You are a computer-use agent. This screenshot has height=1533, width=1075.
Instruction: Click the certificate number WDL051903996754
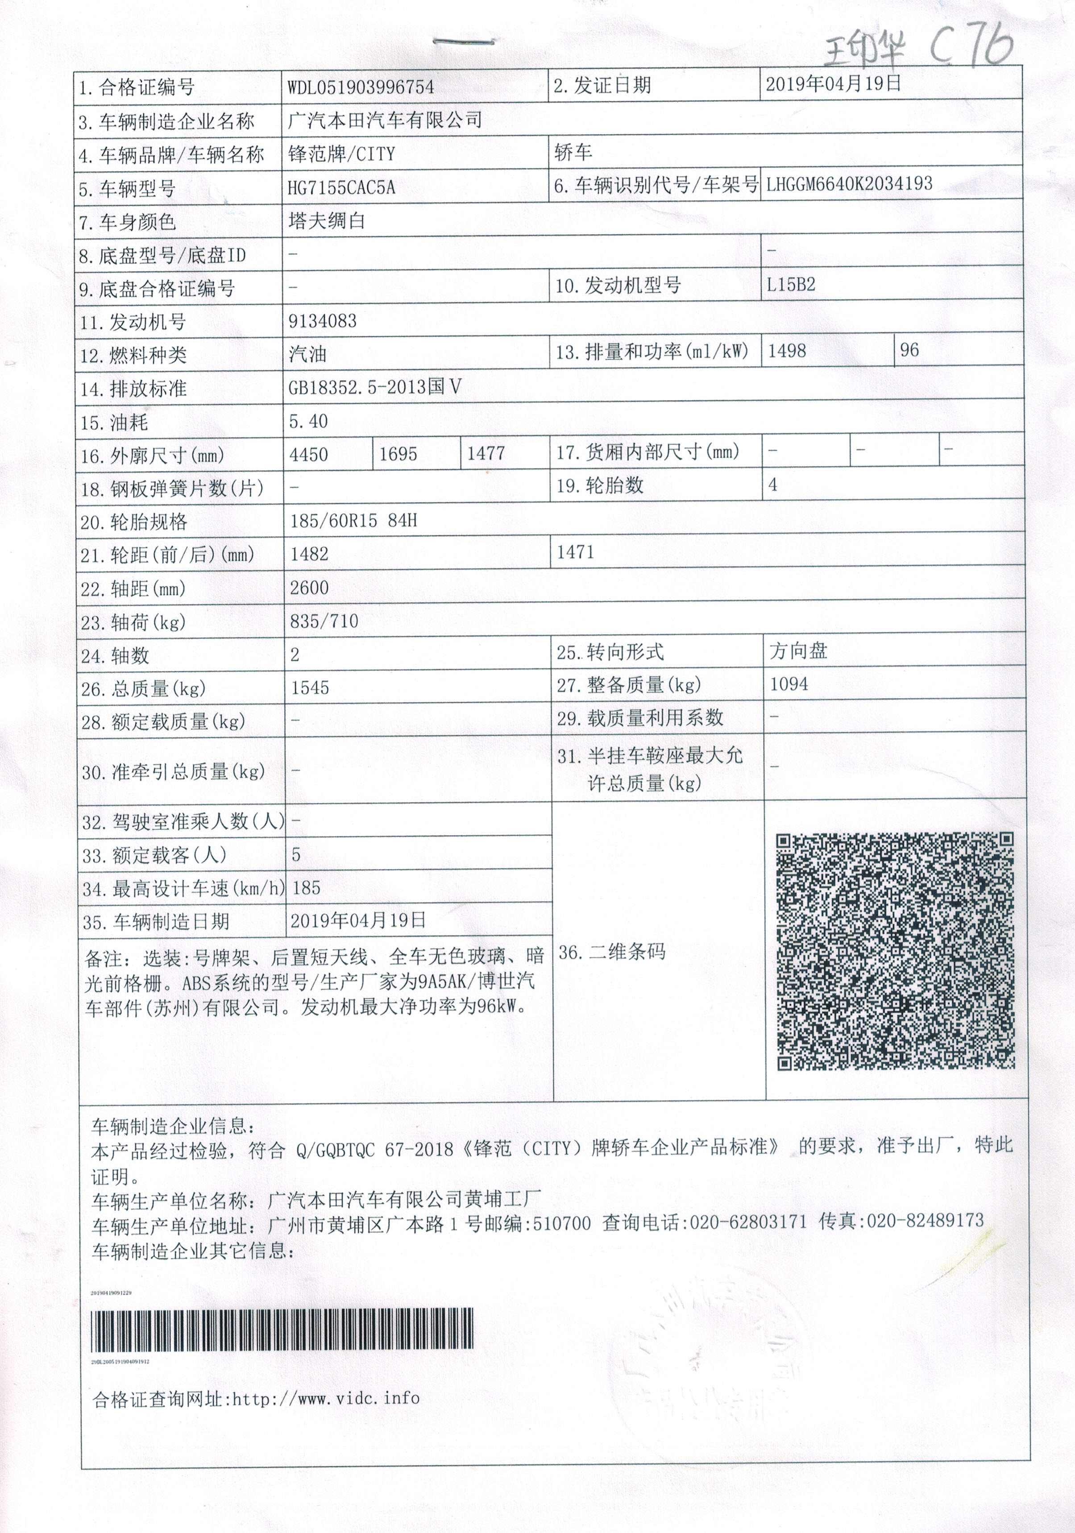tap(361, 87)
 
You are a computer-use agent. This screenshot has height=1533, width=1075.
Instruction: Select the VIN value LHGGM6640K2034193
tap(849, 184)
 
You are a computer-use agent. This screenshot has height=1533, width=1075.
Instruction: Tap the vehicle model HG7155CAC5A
tap(341, 188)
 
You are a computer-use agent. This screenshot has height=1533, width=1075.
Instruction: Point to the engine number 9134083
tap(323, 322)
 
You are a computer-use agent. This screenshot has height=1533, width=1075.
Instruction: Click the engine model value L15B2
tap(791, 285)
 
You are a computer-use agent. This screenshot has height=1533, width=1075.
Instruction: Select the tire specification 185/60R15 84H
tap(353, 521)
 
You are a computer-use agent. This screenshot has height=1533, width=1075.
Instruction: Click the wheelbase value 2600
tap(309, 588)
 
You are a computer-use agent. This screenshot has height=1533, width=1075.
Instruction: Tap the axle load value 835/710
tap(324, 621)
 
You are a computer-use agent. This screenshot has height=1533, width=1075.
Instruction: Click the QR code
tap(895, 952)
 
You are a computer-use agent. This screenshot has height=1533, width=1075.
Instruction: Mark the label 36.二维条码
tap(612, 952)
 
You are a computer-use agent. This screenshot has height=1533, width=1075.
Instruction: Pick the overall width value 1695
tap(398, 455)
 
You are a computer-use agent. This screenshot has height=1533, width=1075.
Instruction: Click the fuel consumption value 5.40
tap(308, 421)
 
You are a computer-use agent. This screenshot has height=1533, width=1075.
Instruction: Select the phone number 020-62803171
tap(748, 1222)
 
